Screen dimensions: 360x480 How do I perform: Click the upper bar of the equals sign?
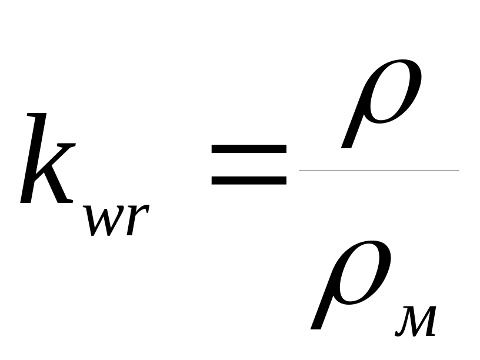(x=249, y=149)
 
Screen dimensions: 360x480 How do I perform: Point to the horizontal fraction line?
(x=379, y=171)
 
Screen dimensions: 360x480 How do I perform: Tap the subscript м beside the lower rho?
(x=415, y=321)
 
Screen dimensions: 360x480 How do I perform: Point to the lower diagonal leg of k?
(x=59, y=185)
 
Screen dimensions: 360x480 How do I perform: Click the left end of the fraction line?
(x=301, y=171)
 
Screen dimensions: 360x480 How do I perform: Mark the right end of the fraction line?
(x=457, y=171)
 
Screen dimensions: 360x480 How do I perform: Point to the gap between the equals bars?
(x=249, y=165)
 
